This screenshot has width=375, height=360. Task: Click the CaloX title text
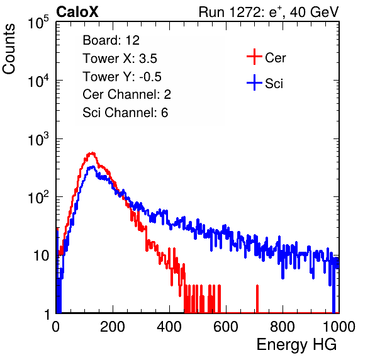pos(77,12)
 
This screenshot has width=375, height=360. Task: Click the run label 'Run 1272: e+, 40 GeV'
pos(269,12)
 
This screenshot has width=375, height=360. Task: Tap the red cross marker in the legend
pos(254,57)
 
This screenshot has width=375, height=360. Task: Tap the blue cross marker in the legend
pos(254,82)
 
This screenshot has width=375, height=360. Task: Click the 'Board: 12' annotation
pos(111,40)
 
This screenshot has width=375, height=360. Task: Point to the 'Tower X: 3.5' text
pos(120,59)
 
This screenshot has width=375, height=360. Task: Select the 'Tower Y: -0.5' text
pos(122,77)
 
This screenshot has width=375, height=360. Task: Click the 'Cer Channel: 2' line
pos(126,94)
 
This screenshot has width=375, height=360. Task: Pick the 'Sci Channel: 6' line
pos(125,113)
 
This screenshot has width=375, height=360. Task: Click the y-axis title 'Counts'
pos(9,49)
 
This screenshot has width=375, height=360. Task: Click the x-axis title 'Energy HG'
pos(296,345)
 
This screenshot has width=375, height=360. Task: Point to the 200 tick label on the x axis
pos(113,327)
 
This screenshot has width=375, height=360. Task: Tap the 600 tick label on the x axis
pos(226,327)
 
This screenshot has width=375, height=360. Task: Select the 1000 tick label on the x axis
pos(339,327)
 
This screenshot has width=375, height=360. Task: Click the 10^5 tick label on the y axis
pos(38,22)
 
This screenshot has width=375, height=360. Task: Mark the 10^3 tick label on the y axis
pos(38,139)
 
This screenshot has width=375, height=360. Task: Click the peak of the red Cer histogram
pos(92,153)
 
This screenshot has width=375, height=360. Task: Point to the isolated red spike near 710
pos(257,298)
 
